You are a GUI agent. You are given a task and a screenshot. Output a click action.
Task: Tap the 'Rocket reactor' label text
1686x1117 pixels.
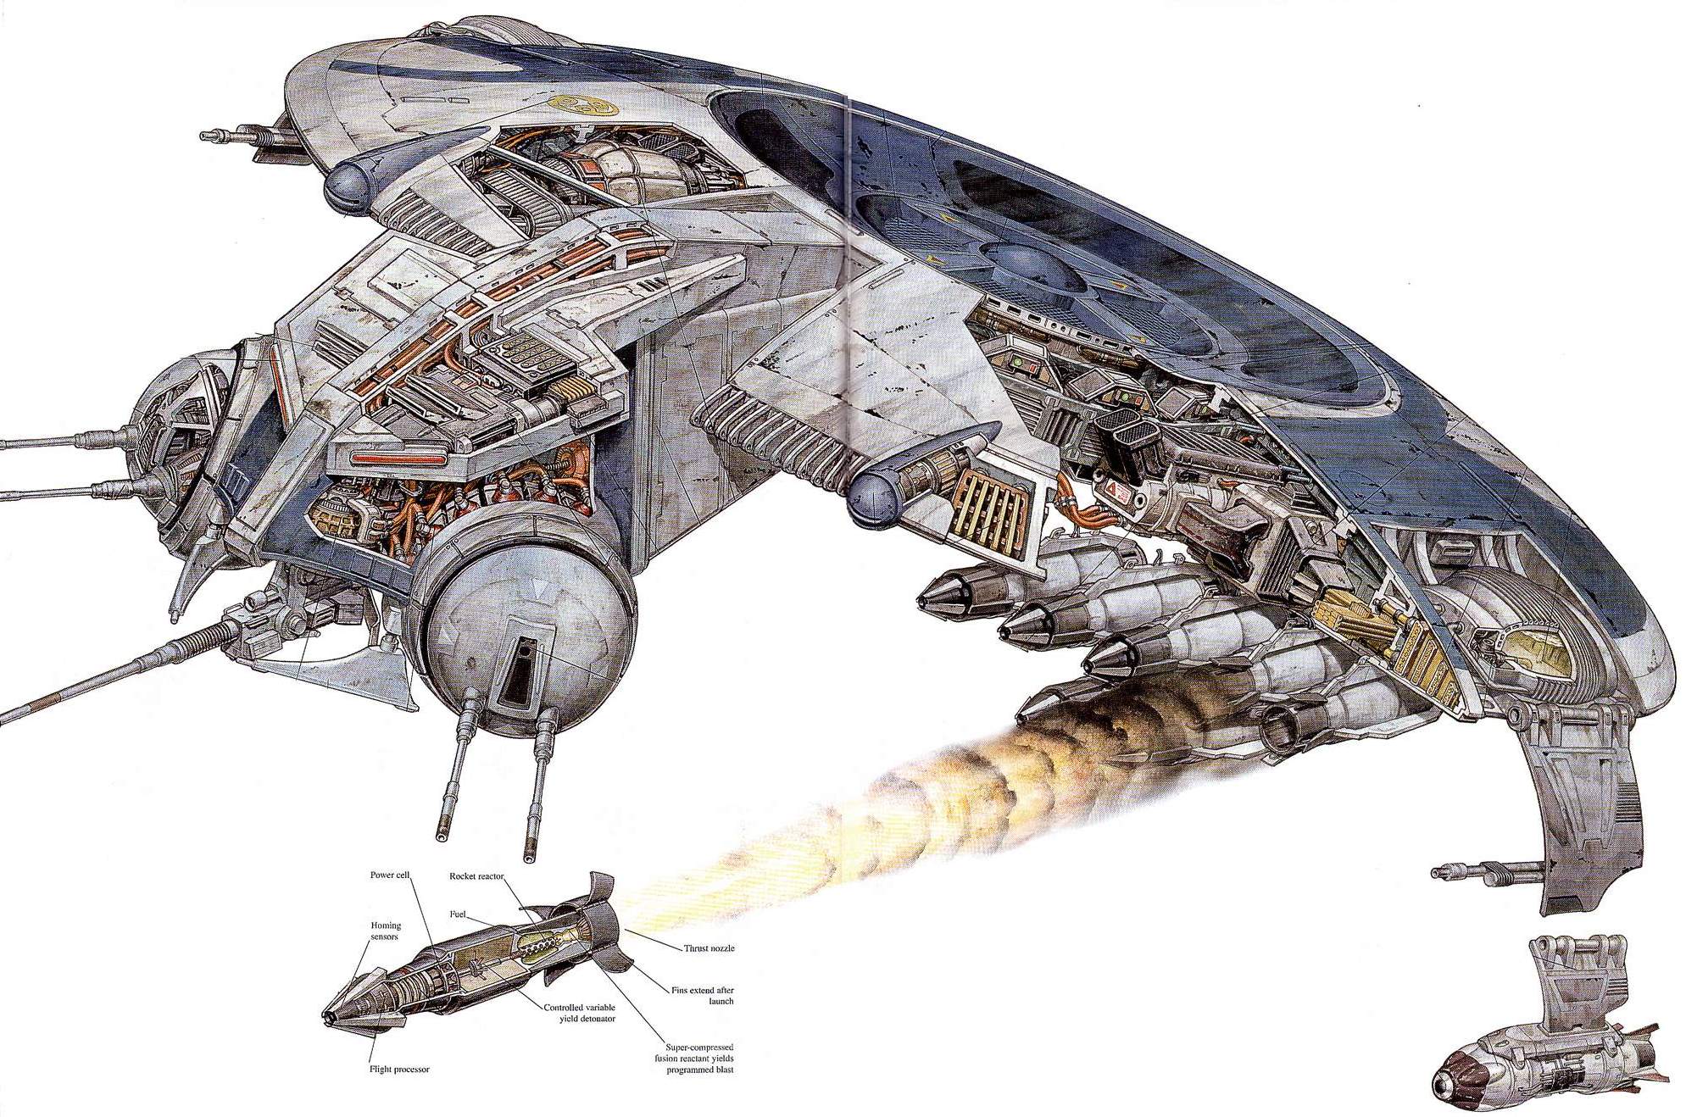pos(477,877)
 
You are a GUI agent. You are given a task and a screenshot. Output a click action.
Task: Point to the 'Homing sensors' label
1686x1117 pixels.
pos(386,931)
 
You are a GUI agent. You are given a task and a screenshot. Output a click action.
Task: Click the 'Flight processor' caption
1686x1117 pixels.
pos(399,1070)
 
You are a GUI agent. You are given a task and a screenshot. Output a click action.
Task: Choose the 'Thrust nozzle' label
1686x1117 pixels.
pos(709,948)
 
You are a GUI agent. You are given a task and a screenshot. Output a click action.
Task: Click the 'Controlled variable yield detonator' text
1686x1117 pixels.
pos(581,1013)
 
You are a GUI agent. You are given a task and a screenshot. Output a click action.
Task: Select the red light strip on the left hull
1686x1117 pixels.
pos(394,458)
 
